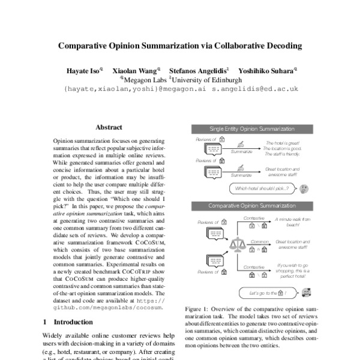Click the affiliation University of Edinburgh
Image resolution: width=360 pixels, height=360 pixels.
(x=208, y=79)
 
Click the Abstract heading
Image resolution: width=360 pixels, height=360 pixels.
(x=109, y=128)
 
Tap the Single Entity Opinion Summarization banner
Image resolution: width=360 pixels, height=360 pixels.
(x=251, y=129)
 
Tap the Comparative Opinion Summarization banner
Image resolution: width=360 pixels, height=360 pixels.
(x=251, y=206)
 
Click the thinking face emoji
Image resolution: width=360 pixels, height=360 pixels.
(x=304, y=188)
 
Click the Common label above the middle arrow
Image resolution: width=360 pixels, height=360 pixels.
(x=259, y=241)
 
